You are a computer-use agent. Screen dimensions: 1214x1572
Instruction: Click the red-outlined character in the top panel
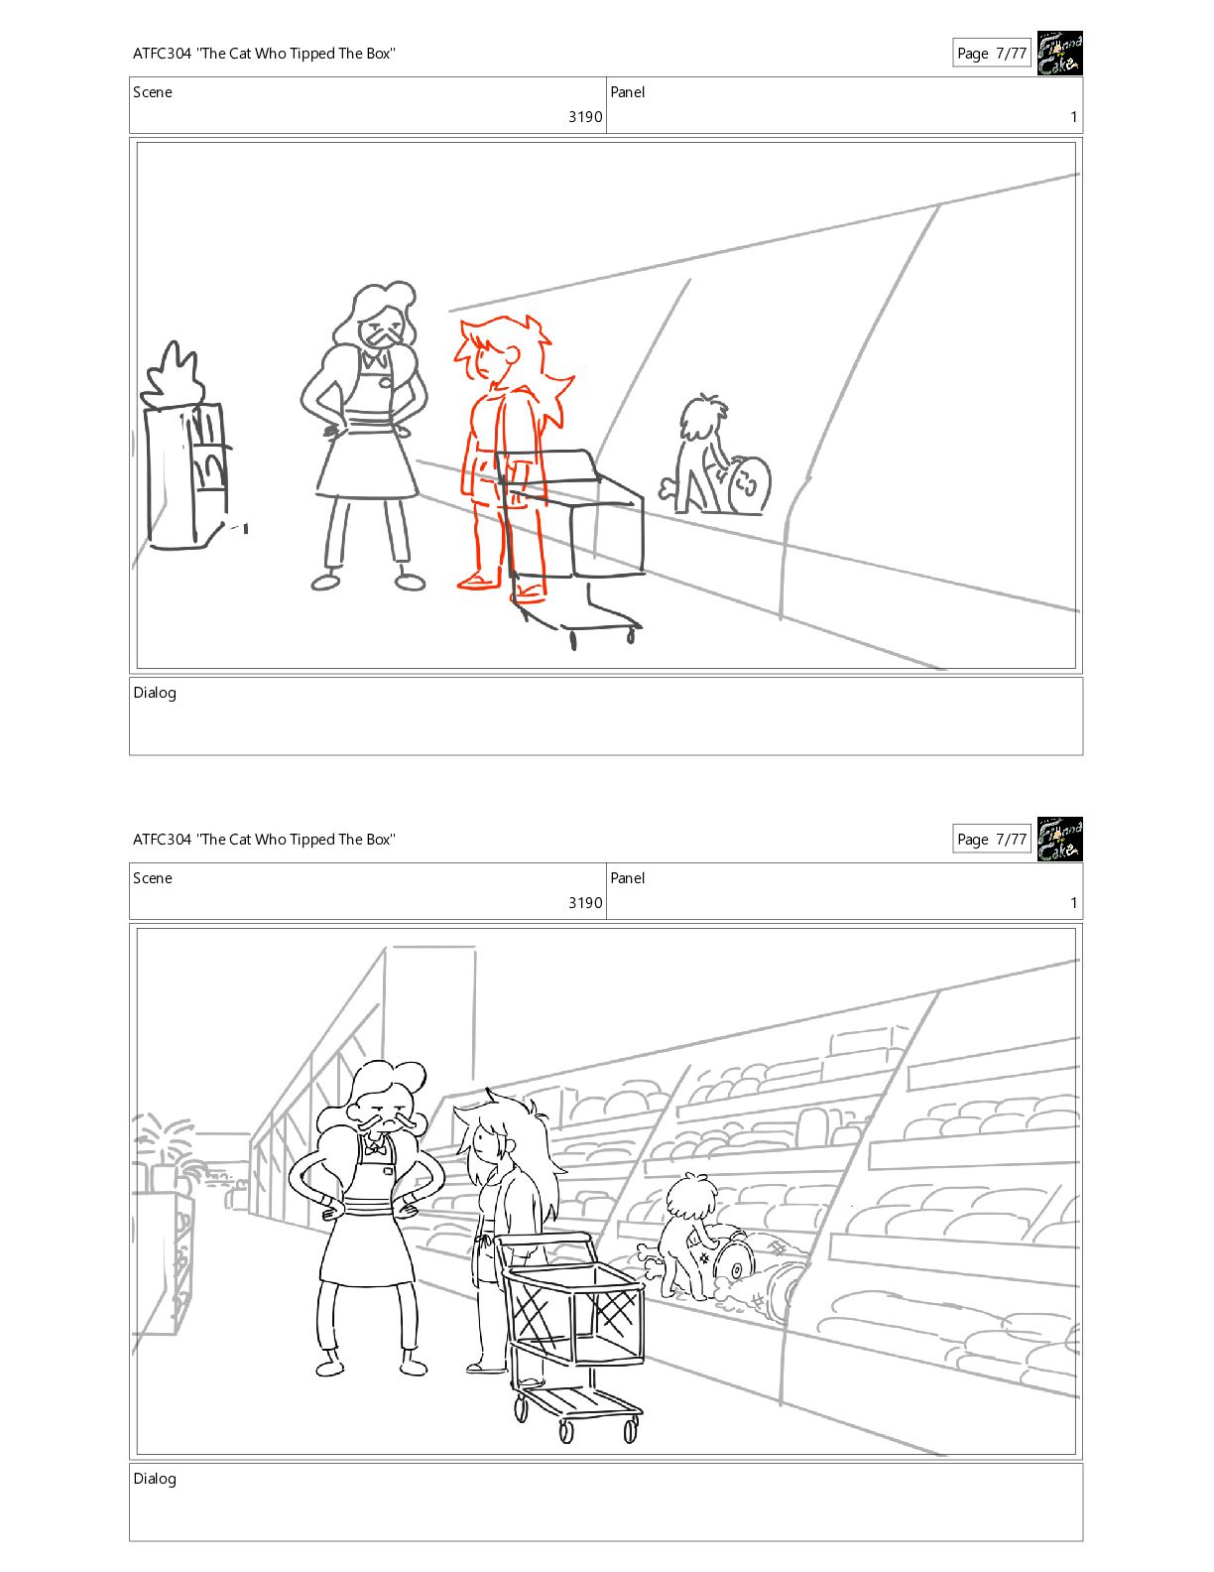506,456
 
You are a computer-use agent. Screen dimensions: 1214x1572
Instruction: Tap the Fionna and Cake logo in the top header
1059,53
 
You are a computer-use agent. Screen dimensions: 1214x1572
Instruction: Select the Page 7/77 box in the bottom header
991,840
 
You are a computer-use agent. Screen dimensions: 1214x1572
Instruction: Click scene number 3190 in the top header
585,117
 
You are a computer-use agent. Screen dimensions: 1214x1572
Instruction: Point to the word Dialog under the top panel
155,693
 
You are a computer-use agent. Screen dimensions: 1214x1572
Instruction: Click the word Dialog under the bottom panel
155,1479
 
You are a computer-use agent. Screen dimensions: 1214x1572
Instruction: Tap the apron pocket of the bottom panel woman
388,1171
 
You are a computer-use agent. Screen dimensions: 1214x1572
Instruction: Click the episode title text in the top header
264,54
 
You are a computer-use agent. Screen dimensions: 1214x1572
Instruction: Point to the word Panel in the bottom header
627,878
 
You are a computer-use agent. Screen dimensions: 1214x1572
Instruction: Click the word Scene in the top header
153,92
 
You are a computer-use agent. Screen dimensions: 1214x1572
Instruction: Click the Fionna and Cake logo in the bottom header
1059,840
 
